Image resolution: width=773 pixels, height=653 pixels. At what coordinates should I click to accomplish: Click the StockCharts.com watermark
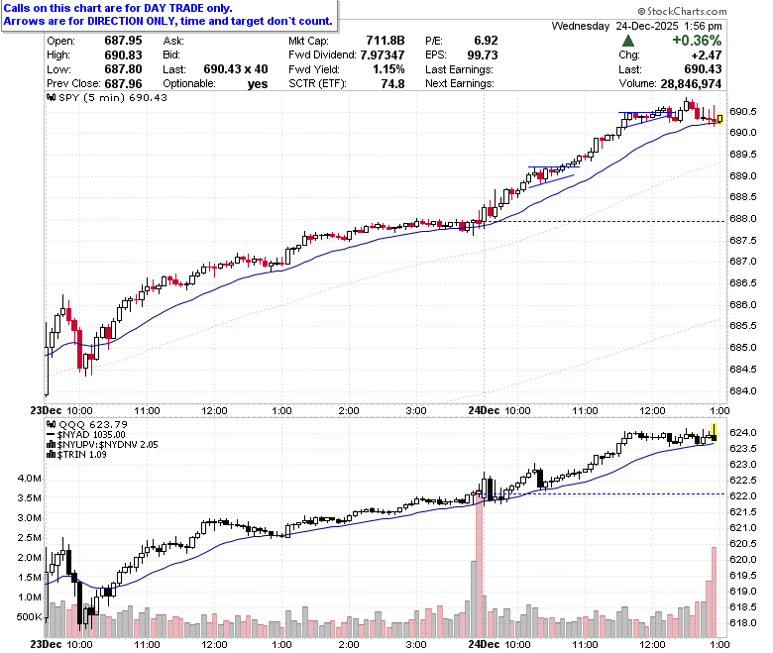pos(682,11)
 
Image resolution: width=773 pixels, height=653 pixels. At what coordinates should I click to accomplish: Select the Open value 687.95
pos(123,41)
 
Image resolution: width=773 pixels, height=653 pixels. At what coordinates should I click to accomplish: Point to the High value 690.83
pos(123,54)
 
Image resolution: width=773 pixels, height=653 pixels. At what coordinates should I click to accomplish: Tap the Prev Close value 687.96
pos(123,84)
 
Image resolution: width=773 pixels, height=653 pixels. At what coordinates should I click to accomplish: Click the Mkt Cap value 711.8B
pos(386,41)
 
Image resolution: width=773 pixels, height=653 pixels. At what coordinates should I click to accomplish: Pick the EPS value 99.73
pos(483,54)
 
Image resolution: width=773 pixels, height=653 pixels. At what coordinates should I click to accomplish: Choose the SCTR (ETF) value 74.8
pos(392,84)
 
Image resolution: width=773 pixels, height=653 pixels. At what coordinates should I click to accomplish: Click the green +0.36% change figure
pos(697,41)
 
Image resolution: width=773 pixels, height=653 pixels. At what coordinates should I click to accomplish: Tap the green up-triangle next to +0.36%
pos(628,41)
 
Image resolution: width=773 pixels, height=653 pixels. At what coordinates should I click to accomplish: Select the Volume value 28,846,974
pos(691,84)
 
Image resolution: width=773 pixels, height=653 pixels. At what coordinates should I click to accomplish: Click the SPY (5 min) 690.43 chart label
pos(107,97)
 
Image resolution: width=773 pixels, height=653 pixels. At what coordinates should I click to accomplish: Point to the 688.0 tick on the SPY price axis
pos(742,218)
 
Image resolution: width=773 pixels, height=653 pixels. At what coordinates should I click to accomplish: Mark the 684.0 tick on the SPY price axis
pos(742,390)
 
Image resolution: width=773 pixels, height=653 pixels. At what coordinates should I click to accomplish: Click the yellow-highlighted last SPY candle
pos(720,119)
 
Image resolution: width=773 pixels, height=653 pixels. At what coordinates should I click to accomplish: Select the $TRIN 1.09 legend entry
pos(76,455)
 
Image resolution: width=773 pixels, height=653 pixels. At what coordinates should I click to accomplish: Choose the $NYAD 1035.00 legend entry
pos(86,435)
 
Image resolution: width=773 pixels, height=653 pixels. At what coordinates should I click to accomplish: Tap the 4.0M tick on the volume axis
pos(30,478)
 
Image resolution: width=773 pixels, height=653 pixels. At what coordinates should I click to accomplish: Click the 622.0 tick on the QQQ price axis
pos(742,495)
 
